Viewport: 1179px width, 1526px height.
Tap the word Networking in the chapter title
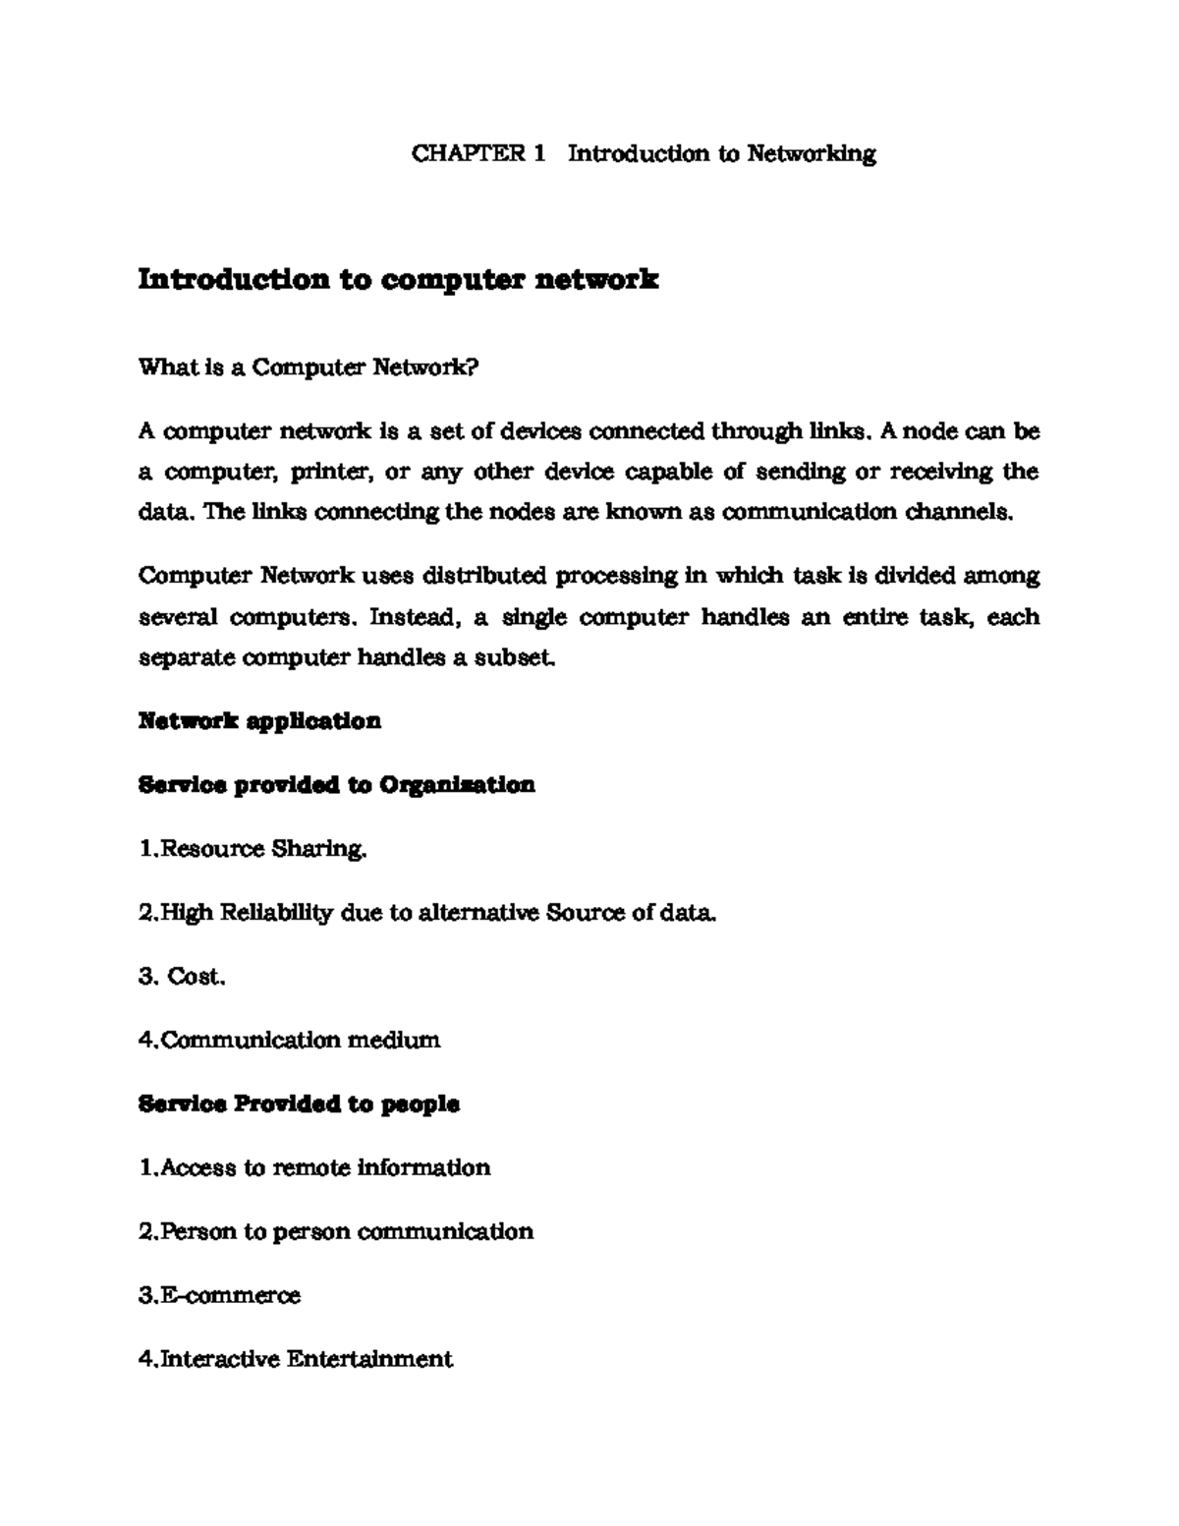[812, 154]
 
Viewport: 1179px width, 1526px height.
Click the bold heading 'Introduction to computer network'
[398, 280]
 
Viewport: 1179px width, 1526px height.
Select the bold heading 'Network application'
[259, 721]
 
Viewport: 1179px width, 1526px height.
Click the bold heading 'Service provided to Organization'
[336, 785]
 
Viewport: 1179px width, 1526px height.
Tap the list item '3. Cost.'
[183, 977]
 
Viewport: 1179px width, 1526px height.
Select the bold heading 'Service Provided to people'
[299, 1104]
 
